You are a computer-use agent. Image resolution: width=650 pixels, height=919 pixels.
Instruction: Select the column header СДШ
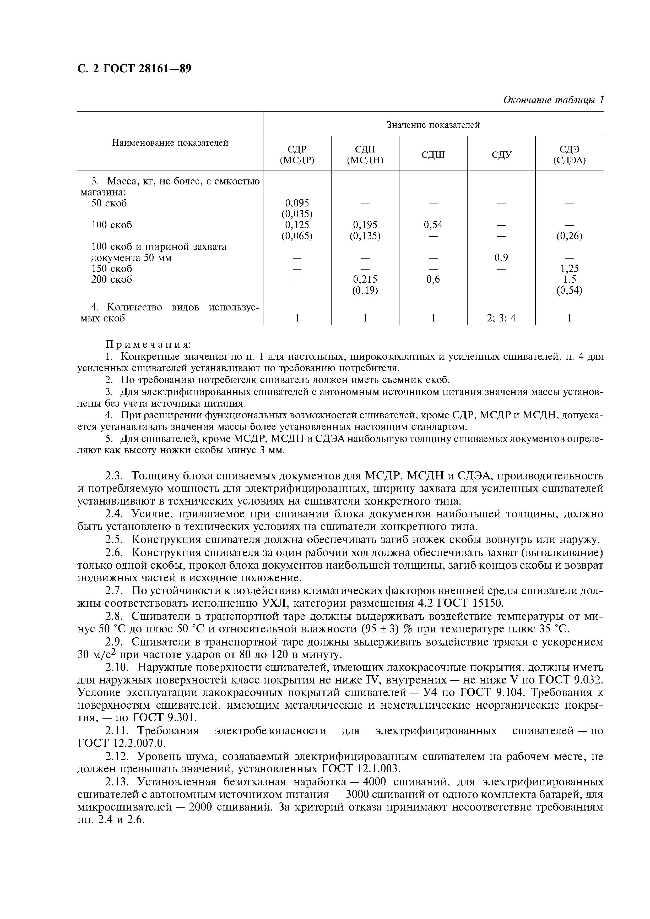(x=433, y=155)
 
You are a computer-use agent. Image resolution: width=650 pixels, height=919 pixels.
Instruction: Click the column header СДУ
(x=501, y=155)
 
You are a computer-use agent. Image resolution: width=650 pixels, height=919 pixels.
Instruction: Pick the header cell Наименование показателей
(x=170, y=143)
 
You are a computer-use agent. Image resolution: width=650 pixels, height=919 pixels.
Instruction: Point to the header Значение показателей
(x=433, y=125)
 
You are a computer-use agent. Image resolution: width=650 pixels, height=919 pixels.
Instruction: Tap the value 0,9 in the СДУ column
(x=501, y=257)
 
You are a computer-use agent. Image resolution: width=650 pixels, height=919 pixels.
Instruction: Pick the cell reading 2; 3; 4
(x=501, y=318)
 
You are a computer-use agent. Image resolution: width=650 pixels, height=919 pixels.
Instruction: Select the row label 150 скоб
(x=111, y=269)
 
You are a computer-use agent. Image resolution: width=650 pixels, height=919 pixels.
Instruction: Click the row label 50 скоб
(x=109, y=203)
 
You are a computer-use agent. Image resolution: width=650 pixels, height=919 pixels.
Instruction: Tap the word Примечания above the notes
(x=148, y=345)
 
